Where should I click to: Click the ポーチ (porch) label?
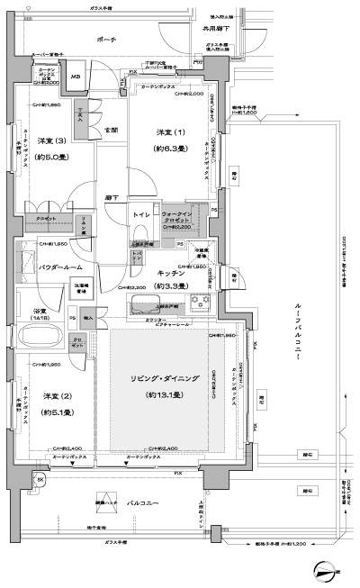click(x=106, y=41)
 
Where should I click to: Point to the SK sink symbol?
click(x=41, y=480)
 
